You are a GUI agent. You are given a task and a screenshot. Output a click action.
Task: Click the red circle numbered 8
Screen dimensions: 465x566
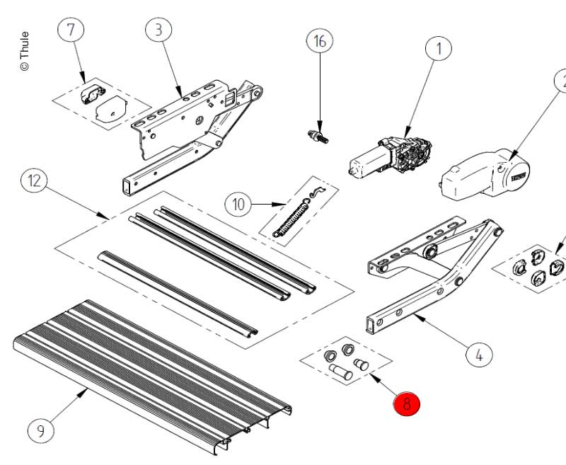407,404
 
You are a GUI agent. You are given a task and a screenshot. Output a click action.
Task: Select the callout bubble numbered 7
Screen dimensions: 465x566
70,30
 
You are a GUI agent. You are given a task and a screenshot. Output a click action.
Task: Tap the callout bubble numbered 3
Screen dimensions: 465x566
159,30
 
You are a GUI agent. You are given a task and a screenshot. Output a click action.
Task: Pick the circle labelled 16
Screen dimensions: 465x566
320,41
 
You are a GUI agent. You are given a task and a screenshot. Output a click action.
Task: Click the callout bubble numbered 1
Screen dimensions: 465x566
439,49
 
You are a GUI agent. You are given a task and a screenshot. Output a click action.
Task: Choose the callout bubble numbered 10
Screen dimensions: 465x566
238,205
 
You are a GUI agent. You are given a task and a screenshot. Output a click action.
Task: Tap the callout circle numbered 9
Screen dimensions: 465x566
40,430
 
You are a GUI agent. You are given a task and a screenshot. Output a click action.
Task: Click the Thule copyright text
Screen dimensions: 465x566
24,50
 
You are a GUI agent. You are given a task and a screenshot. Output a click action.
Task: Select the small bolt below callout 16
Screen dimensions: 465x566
319,136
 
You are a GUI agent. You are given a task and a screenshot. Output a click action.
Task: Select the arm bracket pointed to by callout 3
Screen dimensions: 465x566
191,127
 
